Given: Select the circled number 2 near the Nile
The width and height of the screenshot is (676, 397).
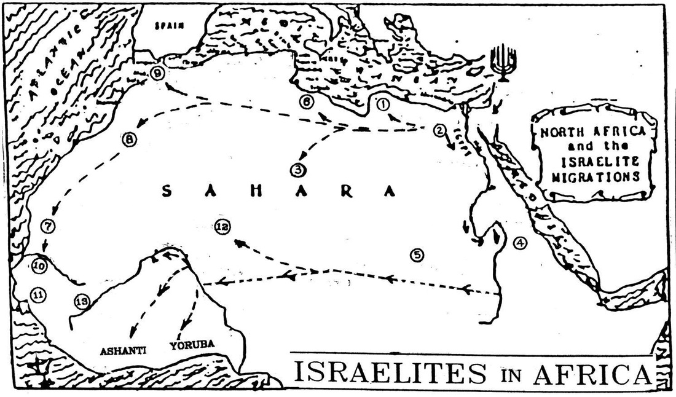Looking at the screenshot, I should pyautogui.click(x=439, y=130).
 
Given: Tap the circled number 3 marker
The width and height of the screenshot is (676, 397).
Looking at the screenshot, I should pyautogui.click(x=297, y=168).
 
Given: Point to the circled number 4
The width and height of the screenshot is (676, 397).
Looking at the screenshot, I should pyautogui.click(x=520, y=242).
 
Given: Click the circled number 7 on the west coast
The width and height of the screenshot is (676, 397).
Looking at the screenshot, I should pyautogui.click(x=48, y=226).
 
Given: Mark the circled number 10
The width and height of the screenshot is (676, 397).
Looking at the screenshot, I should pyautogui.click(x=39, y=266).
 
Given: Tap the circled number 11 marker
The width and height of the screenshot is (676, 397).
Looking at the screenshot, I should pyautogui.click(x=38, y=295).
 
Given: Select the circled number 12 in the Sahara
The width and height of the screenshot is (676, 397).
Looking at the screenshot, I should pyautogui.click(x=222, y=227).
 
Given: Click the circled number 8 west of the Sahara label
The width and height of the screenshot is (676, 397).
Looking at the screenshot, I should pyautogui.click(x=129, y=140).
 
